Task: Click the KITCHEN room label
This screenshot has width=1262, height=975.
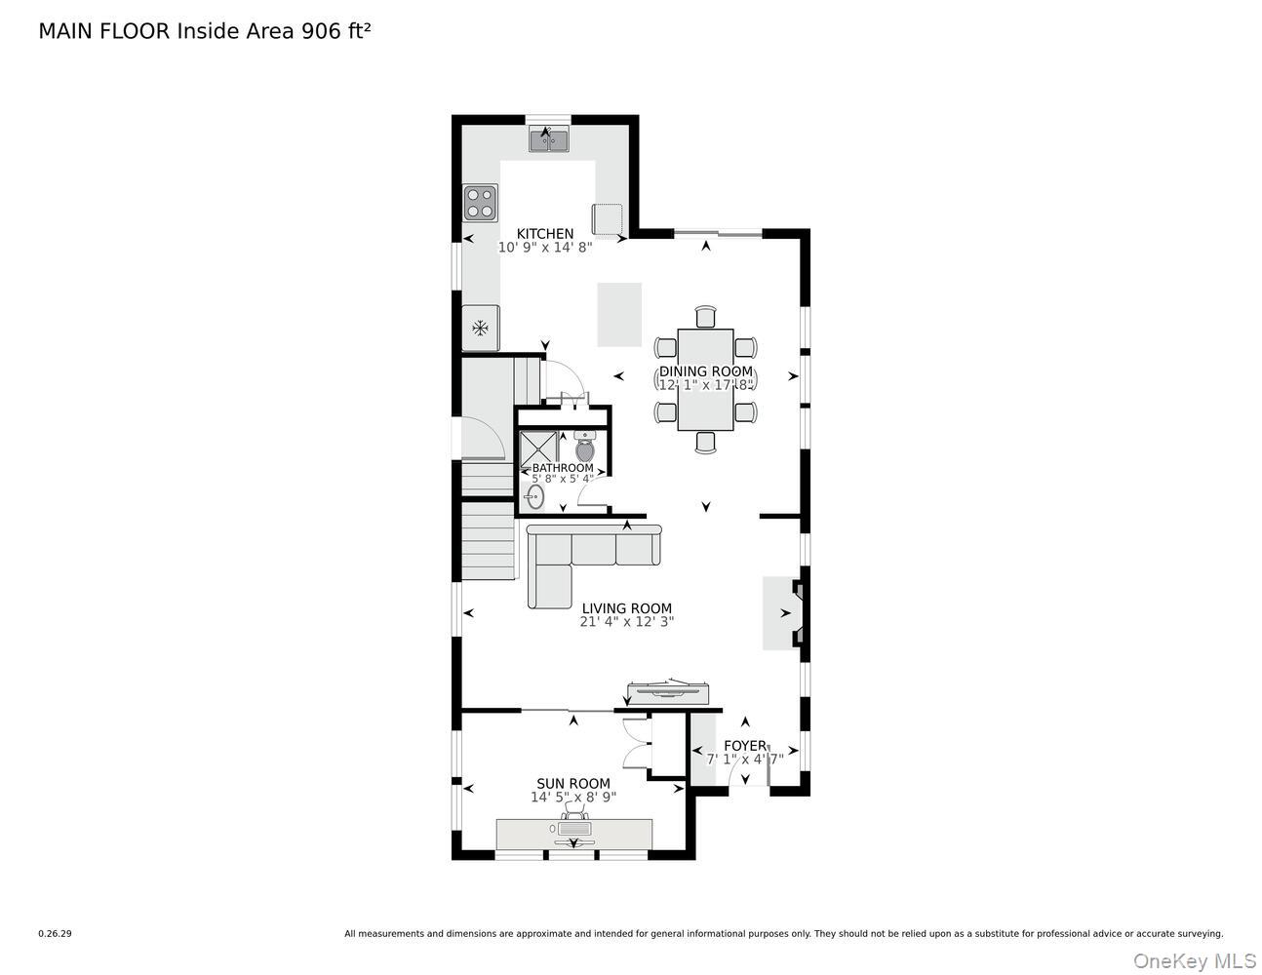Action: pyautogui.click(x=545, y=234)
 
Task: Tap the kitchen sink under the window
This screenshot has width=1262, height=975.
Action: pyautogui.click(x=549, y=140)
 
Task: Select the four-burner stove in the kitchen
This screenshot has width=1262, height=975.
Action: pyautogui.click(x=480, y=203)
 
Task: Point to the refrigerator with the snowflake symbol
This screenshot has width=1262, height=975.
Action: pyautogui.click(x=480, y=328)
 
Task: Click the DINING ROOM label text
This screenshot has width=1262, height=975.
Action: pyautogui.click(x=706, y=371)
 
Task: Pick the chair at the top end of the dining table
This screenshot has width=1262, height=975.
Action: pyautogui.click(x=706, y=317)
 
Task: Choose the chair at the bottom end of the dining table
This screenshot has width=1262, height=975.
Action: pyautogui.click(x=706, y=442)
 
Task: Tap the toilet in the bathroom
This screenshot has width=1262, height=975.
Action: pyautogui.click(x=584, y=447)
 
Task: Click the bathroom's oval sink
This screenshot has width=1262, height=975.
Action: pyautogui.click(x=534, y=497)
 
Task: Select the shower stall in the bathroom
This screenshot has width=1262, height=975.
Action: pyautogui.click(x=537, y=448)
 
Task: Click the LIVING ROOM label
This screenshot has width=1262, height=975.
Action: pyautogui.click(x=627, y=608)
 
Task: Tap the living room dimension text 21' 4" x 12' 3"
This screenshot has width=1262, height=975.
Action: pyautogui.click(x=627, y=622)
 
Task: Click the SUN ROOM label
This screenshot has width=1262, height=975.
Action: pyautogui.click(x=573, y=784)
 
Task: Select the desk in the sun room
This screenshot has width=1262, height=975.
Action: pyautogui.click(x=573, y=835)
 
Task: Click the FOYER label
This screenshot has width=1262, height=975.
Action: pyautogui.click(x=745, y=746)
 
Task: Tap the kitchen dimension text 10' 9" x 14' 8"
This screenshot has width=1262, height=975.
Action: pyautogui.click(x=545, y=248)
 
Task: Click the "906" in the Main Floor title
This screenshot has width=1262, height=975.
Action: pyautogui.click(x=321, y=31)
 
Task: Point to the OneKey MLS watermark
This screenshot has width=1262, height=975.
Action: pyautogui.click(x=1195, y=961)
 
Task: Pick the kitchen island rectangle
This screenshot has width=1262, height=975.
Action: pyautogui.click(x=619, y=315)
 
